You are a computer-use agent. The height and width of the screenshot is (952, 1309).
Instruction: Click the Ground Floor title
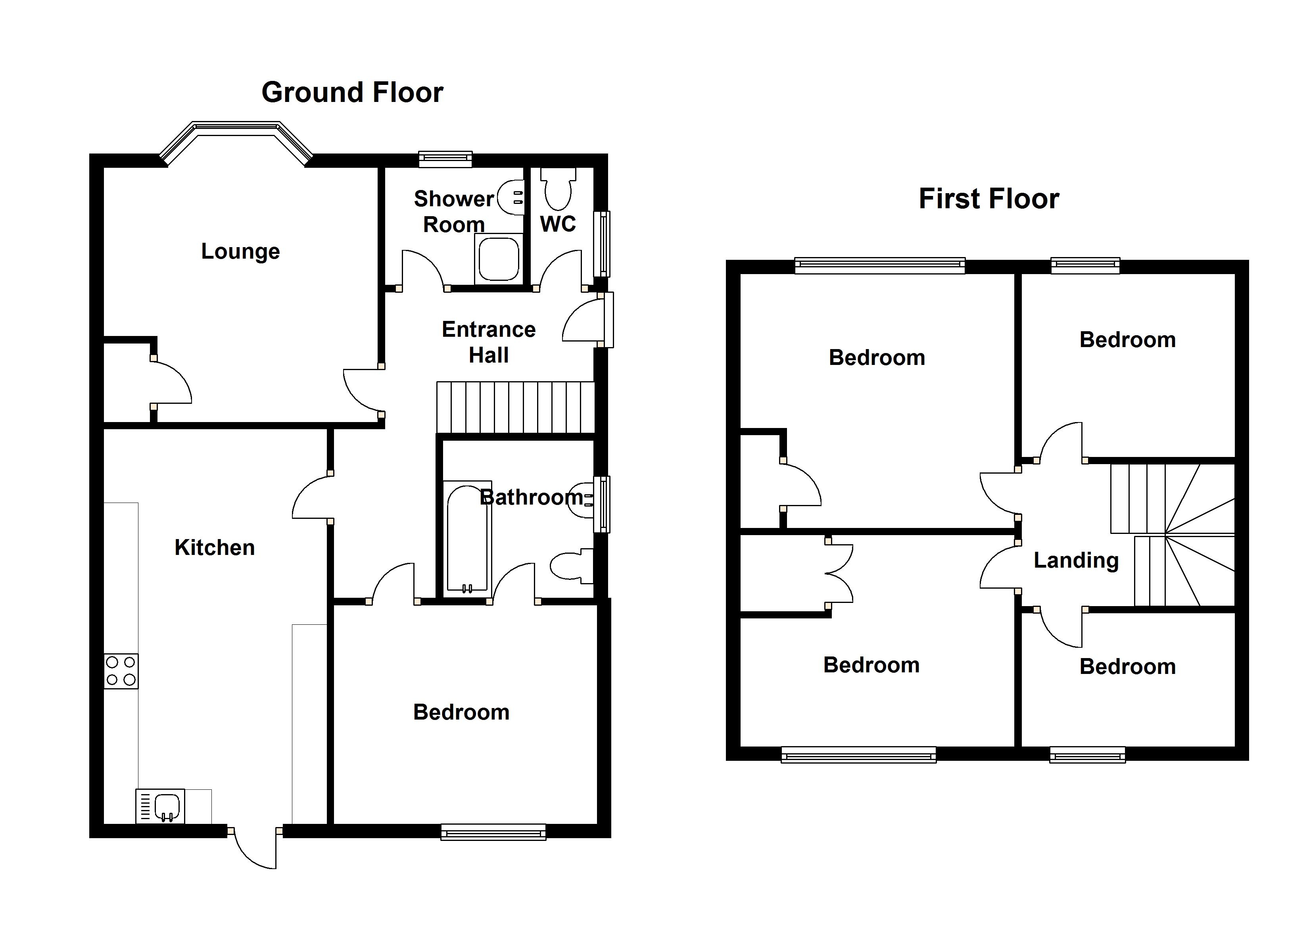pyautogui.click(x=352, y=92)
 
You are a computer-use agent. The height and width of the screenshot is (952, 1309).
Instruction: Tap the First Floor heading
pyautogui.click(x=988, y=199)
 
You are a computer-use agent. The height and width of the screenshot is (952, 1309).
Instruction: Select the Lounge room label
pyautogui.click(x=240, y=251)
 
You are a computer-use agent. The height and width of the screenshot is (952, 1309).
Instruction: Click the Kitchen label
pyautogui.click(x=215, y=547)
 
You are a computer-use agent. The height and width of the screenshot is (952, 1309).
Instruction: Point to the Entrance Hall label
pyautogui.click(x=489, y=342)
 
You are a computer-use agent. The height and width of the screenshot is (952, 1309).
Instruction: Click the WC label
pyautogui.click(x=558, y=224)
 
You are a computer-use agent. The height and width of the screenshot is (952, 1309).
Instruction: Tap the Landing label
pyautogui.click(x=1076, y=560)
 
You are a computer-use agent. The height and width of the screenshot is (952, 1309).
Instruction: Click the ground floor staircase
pyautogui.click(x=515, y=407)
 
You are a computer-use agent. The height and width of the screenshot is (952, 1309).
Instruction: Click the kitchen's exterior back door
pyautogui.click(x=255, y=848)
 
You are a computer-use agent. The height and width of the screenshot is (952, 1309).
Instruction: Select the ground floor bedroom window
pyautogui.click(x=493, y=832)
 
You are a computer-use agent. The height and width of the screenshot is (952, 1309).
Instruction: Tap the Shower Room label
pyautogui.click(x=454, y=211)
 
